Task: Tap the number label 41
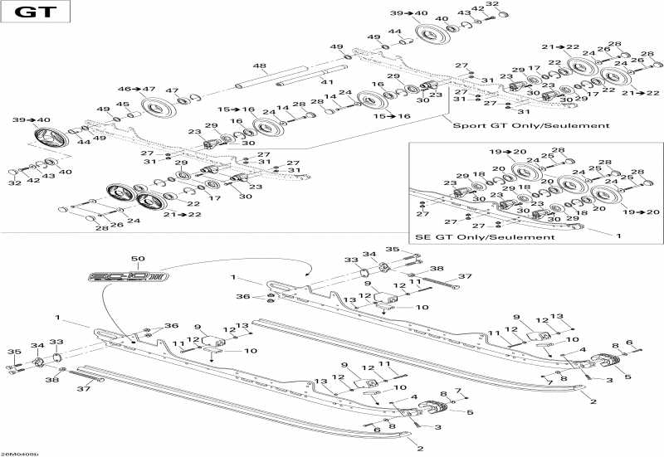coord(327,82)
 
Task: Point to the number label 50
coord(138,260)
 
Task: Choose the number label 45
coord(122,104)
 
